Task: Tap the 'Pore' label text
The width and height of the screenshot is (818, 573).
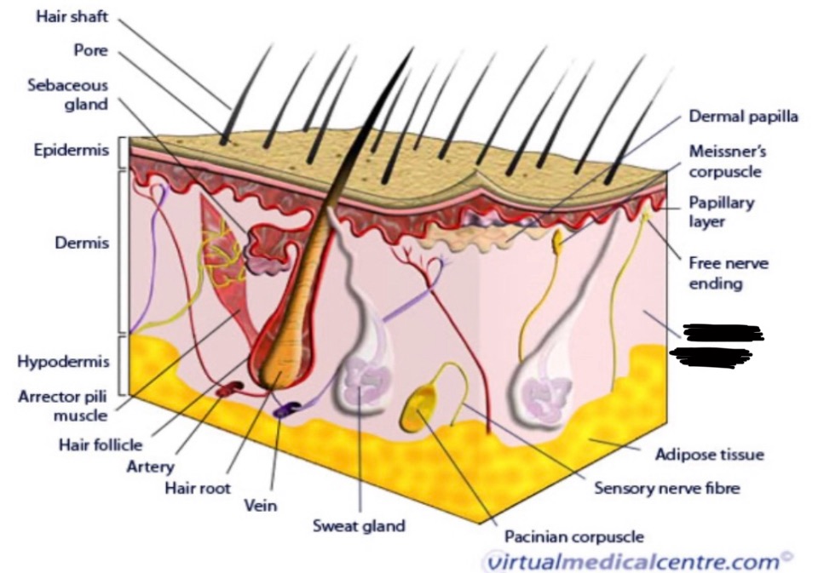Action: click(90, 50)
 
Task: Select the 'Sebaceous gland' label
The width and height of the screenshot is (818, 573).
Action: click(68, 95)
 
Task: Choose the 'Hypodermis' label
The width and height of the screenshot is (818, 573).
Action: click(64, 362)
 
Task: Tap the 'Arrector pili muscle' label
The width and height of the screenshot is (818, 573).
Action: click(63, 405)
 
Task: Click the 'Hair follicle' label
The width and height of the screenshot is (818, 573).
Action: click(100, 444)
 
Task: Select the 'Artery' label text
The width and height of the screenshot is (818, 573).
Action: click(150, 466)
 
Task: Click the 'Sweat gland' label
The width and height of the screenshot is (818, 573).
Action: click(359, 525)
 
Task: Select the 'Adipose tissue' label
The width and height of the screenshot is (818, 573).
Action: click(709, 454)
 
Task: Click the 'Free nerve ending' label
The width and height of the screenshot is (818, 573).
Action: click(729, 272)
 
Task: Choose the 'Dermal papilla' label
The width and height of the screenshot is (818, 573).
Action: click(743, 117)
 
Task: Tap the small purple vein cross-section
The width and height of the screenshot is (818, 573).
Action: click(284, 410)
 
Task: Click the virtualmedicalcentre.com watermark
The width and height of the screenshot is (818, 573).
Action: click(637, 561)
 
